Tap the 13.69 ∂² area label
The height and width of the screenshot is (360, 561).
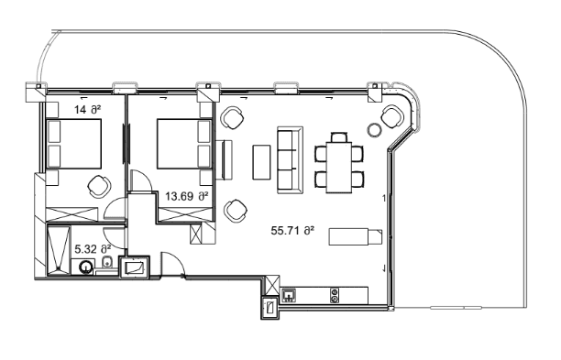pos(186,196)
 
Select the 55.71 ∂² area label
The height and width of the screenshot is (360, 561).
pos(292,231)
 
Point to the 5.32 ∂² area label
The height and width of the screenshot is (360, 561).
pos(92,248)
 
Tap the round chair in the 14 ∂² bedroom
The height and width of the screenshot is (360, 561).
pos(97,185)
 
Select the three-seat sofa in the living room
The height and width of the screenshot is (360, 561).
pos(290,160)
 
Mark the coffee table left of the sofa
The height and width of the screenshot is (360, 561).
pos(261,162)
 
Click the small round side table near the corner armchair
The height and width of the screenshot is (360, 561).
pos(374,129)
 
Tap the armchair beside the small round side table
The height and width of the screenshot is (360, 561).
pos(391,116)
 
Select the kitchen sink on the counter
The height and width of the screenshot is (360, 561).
pos(287,295)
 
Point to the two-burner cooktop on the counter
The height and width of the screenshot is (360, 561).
pos(335,295)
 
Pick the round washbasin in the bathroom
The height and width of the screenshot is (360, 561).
pos(86,267)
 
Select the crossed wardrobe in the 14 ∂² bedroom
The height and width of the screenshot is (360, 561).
pos(71,211)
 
